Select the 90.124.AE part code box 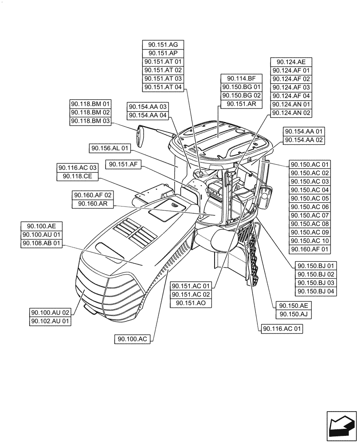[x=291, y=62]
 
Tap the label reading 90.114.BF [x=242, y=78]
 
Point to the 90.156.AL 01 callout [x=110, y=148]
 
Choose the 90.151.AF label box [x=123, y=165]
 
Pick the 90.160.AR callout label [x=93, y=204]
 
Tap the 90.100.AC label [x=132, y=339]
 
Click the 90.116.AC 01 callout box [x=282, y=329]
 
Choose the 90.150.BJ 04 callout [x=316, y=291]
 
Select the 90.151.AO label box [x=192, y=303]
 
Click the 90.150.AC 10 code [x=310, y=241]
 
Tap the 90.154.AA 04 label [x=148, y=115]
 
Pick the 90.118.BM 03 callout [x=90, y=120]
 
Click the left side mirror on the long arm [x=141, y=136]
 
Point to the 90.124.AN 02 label [x=291, y=113]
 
